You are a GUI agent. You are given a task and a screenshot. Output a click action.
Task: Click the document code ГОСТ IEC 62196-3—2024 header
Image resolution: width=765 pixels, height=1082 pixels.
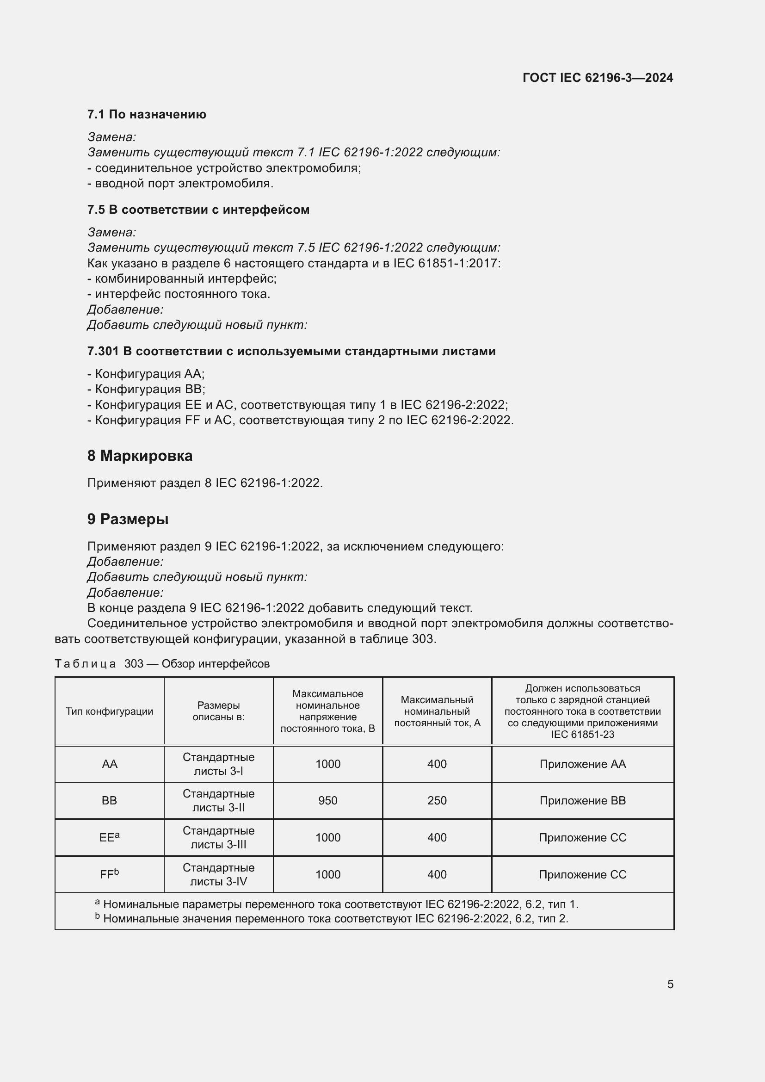point(597,78)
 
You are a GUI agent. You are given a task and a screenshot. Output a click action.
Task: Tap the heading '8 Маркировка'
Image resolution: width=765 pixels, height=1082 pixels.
point(139,456)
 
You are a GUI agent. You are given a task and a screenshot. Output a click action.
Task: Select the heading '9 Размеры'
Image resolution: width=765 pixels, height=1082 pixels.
point(128,519)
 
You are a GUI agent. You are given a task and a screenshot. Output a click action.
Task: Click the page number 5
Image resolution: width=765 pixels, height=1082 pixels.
point(670,984)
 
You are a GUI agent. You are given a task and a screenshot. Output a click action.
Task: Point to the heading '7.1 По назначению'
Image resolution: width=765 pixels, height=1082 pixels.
point(147,115)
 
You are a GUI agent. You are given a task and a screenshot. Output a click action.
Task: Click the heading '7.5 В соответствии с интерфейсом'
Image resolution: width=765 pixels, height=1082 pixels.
point(198,210)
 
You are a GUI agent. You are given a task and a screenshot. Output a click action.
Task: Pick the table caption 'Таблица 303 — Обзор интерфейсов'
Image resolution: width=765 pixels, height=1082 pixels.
point(162,663)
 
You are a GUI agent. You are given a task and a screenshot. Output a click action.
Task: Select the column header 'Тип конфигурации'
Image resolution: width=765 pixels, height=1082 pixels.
point(109,711)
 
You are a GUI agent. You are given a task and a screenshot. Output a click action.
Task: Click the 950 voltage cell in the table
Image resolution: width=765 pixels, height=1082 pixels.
point(327,801)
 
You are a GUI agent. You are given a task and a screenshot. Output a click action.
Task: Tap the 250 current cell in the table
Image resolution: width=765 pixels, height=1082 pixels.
point(437,801)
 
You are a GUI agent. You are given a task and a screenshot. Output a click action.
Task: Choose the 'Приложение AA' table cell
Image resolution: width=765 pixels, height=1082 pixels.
point(582,764)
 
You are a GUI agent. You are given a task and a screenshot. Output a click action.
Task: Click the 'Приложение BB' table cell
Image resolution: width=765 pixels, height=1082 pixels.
point(582,801)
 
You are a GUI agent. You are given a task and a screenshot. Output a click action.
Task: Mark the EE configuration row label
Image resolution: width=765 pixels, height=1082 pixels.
point(109,837)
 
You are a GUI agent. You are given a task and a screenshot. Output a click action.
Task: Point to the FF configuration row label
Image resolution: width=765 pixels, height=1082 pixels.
point(109,874)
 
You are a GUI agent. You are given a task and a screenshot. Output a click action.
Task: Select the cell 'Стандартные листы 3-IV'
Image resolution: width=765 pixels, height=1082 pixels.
point(218,874)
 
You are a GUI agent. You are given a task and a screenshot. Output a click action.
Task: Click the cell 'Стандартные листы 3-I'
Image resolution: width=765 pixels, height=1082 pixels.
point(218,764)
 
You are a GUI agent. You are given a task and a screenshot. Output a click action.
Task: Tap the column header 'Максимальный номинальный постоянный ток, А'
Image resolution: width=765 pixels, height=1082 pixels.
point(437,711)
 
